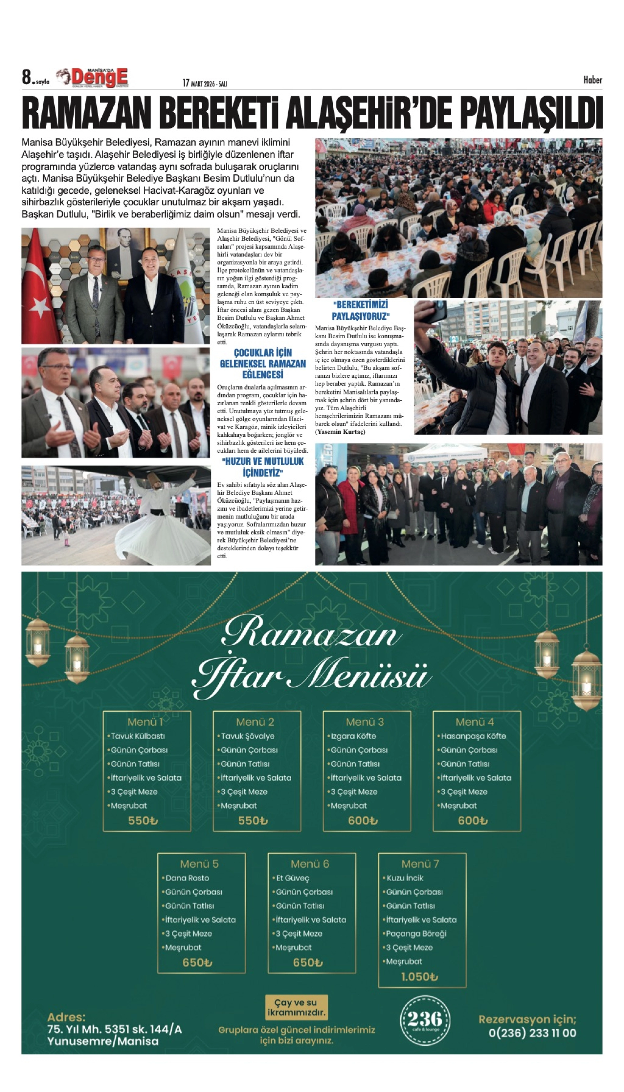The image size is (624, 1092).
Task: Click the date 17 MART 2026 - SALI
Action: pyautogui.click(x=205, y=83)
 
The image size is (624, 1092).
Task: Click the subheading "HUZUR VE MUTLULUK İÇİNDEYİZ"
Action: pyautogui.click(x=263, y=467)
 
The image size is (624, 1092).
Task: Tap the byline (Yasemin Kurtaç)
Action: pyautogui.click(x=340, y=432)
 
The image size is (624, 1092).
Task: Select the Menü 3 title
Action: pyautogui.click(x=365, y=722)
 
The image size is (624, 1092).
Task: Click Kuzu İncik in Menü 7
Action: pyautogui.click(x=405, y=878)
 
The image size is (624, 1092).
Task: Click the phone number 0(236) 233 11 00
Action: pyautogui.click(x=532, y=1033)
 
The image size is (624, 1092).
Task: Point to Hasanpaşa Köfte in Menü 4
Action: pyautogui.click(x=473, y=736)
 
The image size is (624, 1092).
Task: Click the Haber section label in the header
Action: pyautogui.click(x=592, y=80)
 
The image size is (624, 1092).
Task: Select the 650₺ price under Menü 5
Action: pyautogui.click(x=197, y=962)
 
